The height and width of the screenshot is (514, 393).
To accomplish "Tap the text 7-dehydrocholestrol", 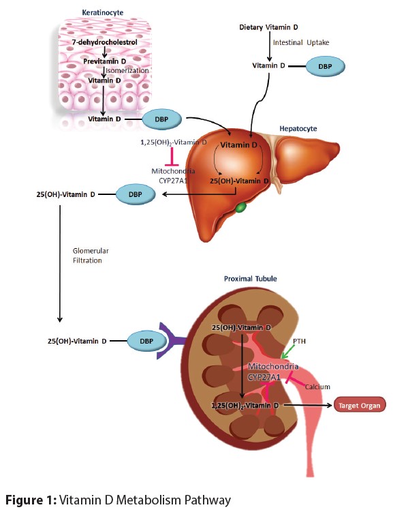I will tap(101, 42).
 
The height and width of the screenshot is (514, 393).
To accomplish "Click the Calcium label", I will tap(317, 387).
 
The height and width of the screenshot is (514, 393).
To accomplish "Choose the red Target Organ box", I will tap(358, 405).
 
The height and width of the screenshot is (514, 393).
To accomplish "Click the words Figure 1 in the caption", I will tap(32, 500).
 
